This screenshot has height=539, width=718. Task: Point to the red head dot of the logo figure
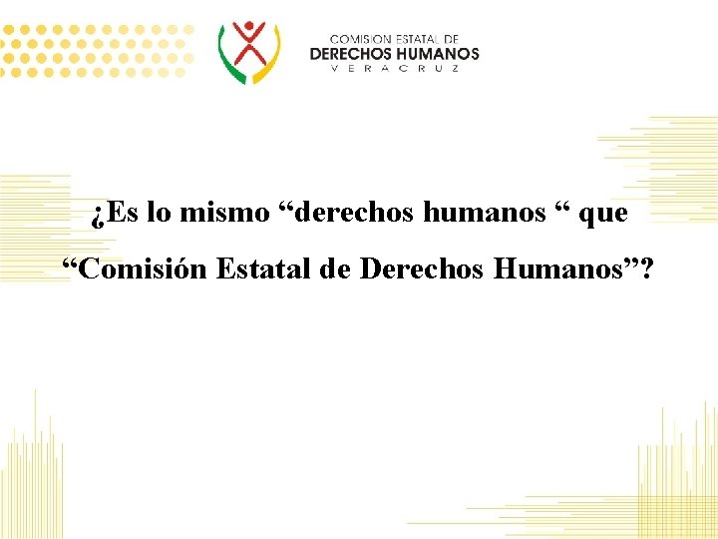[x=249, y=26]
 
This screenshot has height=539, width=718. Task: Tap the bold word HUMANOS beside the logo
[x=438, y=53]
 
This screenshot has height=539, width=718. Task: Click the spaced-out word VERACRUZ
[x=394, y=69]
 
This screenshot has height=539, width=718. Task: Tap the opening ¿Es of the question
[x=114, y=213]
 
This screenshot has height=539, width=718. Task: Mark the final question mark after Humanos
[x=649, y=269]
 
